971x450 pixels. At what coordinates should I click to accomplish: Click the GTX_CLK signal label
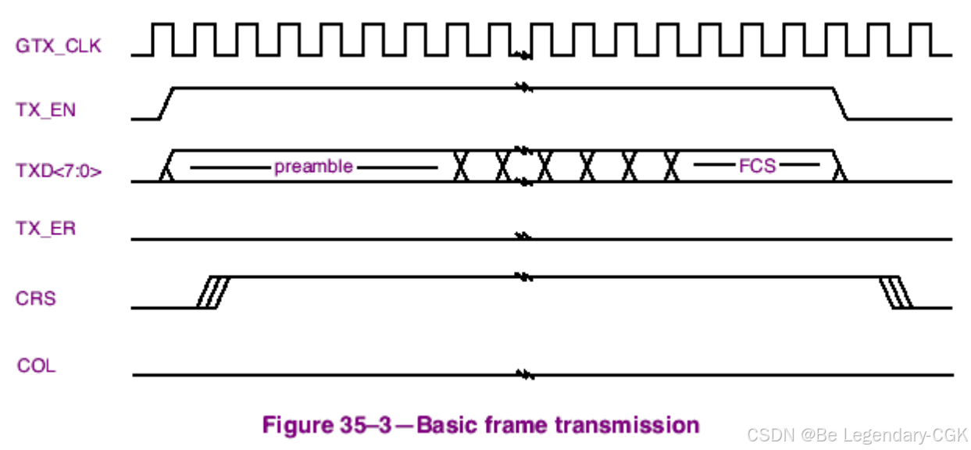[x=58, y=46]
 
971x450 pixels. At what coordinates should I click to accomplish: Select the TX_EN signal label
[x=46, y=109]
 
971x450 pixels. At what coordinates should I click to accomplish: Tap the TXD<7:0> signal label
[x=59, y=171]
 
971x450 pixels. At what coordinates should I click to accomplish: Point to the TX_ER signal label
[x=46, y=229]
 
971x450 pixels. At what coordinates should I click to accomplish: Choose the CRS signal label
[x=36, y=298]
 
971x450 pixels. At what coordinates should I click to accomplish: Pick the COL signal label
[x=37, y=366]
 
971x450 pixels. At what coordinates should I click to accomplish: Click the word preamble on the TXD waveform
[x=313, y=167]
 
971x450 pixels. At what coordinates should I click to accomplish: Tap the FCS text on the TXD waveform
[x=757, y=166]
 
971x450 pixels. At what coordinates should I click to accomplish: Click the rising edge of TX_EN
[x=166, y=103]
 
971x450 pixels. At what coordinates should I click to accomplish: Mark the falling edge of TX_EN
[x=841, y=103]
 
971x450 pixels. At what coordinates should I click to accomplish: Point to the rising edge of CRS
[x=212, y=292]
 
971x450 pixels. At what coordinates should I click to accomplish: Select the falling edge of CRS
[x=893, y=292]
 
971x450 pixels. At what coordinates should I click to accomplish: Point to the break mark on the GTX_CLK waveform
[x=524, y=55]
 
